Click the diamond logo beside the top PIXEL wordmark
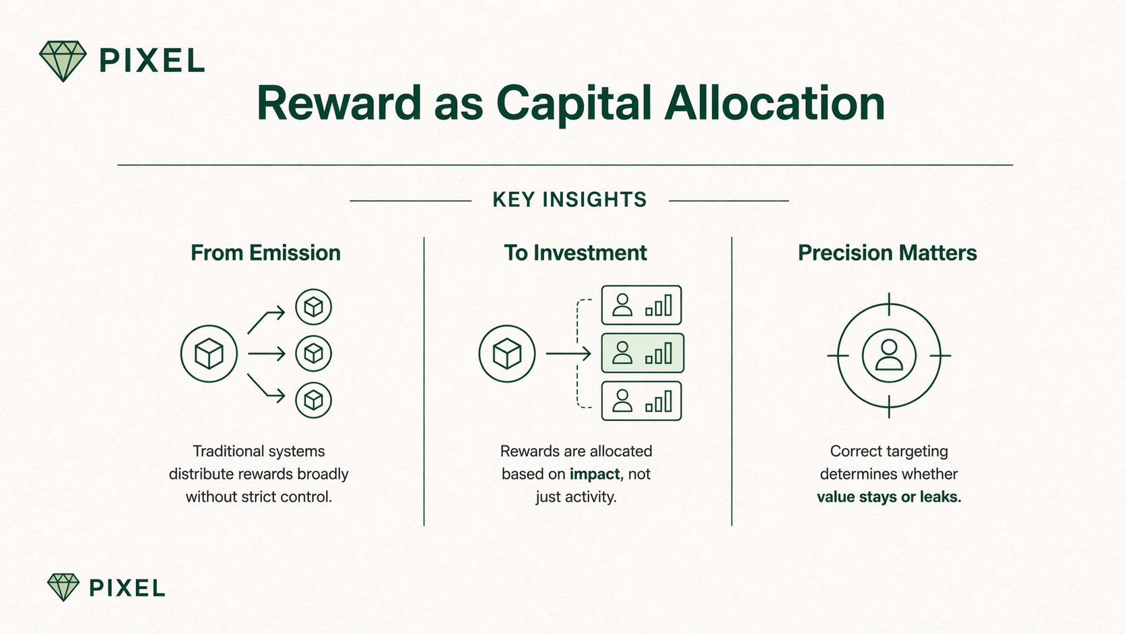point(63,61)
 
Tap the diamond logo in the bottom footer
point(63,587)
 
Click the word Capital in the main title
point(574,104)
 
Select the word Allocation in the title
point(774,103)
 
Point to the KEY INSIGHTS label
point(570,199)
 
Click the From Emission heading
point(265,253)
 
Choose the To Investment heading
point(576,253)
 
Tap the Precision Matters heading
point(887,253)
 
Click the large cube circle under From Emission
point(209,354)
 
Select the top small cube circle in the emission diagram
point(313,307)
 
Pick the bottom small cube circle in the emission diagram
point(313,400)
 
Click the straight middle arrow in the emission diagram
point(267,354)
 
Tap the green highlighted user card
point(642,353)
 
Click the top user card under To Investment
point(641,305)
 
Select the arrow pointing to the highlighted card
point(568,354)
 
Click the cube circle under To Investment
point(506,354)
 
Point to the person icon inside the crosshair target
point(889,355)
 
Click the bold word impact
point(595,474)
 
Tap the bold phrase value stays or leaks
point(889,497)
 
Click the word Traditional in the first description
point(225,451)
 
